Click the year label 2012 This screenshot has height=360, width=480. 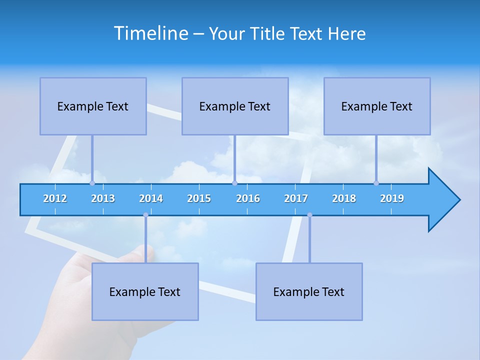(x=55, y=198)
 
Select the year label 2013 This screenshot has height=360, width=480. (x=103, y=198)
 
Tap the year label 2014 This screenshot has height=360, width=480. (x=151, y=198)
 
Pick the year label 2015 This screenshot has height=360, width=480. (x=199, y=198)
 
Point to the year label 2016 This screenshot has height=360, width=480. (x=248, y=198)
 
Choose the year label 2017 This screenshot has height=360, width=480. (x=296, y=198)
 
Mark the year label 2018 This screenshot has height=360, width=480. (x=344, y=198)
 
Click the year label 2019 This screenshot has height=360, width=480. (x=392, y=198)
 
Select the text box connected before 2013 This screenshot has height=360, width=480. (x=93, y=106)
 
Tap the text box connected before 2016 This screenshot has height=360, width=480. (x=235, y=106)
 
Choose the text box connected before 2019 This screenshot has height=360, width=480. (x=377, y=106)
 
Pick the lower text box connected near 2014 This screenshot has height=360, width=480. (x=145, y=291)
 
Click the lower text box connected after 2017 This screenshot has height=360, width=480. (x=309, y=291)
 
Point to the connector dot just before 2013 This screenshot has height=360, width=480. (x=92, y=183)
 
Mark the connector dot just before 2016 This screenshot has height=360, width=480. (x=234, y=183)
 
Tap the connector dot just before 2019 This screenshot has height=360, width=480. (x=376, y=183)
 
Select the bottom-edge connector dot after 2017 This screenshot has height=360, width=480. (x=309, y=215)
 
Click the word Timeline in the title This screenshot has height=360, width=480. (x=151, y=33)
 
